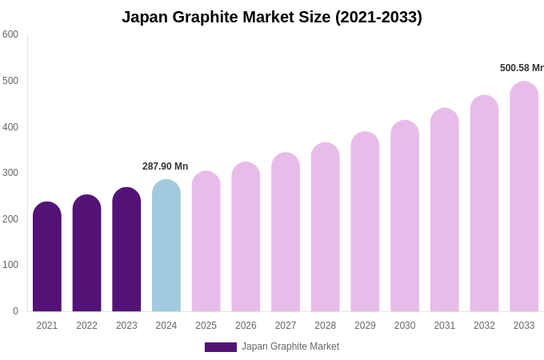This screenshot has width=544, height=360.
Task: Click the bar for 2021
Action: click(x=47, y=257)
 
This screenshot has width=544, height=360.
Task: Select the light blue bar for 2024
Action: click(x=166, y=246)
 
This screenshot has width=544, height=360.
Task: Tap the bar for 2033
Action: click(x=524, y=197)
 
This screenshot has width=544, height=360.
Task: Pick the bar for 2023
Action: click(x=126, y=250)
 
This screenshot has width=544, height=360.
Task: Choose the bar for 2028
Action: click(x=326, y=227)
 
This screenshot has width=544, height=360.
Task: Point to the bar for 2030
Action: click(x=405, y=216)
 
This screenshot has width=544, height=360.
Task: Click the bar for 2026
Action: click(x=246, y=237)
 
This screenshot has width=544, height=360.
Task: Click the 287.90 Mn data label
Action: click(x=166, y=166)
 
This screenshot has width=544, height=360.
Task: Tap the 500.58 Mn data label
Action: click(x=522, y=68)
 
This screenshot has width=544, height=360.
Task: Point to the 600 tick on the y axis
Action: click(x=10, y=34)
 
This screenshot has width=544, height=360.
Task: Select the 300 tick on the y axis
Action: click(x=10, y=173)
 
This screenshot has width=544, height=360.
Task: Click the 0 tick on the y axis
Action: click(x=15, y=311)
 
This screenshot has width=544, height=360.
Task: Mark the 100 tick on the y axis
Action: click(x=10, y=265)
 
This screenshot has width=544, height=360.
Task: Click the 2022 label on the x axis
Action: click(x=87, y=326)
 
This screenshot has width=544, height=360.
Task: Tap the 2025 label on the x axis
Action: click(x=206, y=326)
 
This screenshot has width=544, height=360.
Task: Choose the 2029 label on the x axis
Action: click(x=365, y=326)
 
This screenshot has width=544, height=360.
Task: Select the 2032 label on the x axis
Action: click(x=484, y=326)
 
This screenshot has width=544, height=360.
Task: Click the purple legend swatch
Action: click(x=221, y=347)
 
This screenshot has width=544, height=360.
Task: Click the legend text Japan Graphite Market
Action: click(x=290, y=346)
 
